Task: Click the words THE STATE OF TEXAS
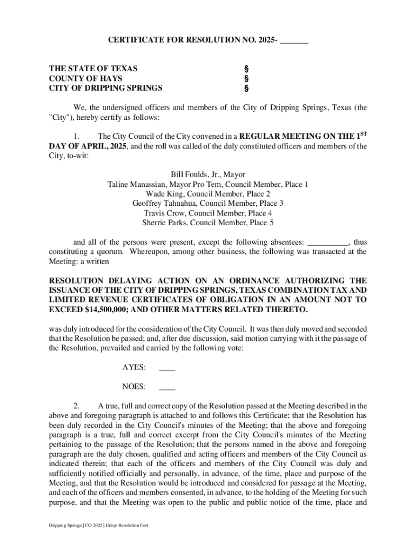93,69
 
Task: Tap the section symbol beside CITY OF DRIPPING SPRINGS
246,89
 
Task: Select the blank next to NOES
167,387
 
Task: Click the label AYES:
134,368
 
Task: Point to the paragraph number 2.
77,406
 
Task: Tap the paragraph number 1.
77,137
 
